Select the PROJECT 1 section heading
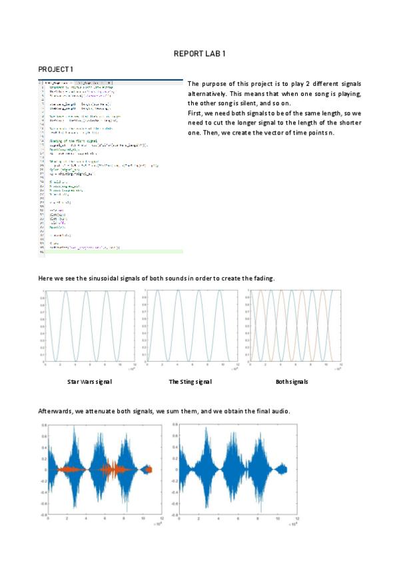pos(56,69)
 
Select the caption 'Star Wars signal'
pos(90,382)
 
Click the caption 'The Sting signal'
pos(191,382)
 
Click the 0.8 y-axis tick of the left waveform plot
pos(43,424)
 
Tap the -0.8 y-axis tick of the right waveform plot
pos(174,514)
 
